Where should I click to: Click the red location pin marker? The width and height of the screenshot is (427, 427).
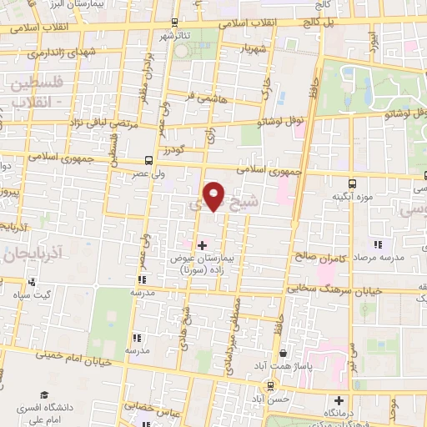(x=214, y=196)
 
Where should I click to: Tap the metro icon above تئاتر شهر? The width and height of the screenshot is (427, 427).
(x=173, y=22)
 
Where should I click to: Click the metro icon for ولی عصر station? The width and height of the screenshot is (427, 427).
(x=148, y=159)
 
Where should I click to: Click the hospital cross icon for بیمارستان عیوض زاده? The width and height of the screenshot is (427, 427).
(x=201, y=244)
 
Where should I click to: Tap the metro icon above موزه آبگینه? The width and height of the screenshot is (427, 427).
(x=353, y=182)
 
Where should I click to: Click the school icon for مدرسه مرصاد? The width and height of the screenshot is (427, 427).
(x=377, y=245)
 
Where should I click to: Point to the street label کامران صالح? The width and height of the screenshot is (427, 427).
(x=314, y=256)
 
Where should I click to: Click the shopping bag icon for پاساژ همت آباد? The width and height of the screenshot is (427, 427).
(x=284, y=354)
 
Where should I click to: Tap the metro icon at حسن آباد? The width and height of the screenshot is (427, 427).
(x=269, y=385)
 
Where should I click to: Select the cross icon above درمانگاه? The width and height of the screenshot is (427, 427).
(x=339, y=399)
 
